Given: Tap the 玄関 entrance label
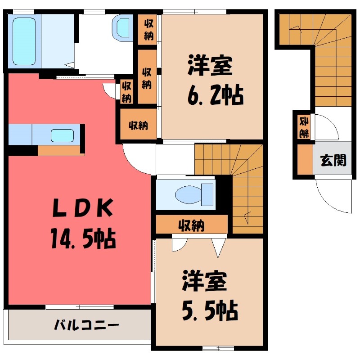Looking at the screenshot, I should tap(333, 160).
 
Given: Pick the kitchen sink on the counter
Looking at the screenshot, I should tap(62, 135).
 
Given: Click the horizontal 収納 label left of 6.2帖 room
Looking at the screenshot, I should tap(139, 126).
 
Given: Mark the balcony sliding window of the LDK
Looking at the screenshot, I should tap(79, 307).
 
